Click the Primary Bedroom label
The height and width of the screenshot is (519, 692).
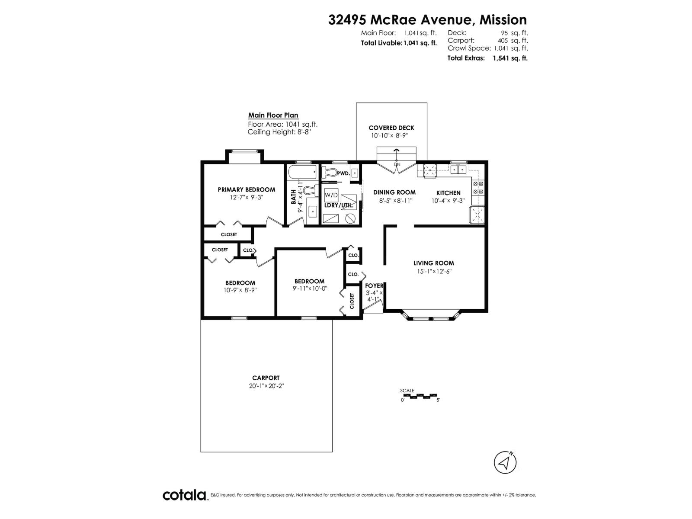[246, 189]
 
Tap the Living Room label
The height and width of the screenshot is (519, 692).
[433, 263]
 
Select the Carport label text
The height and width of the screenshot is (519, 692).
[266, 378]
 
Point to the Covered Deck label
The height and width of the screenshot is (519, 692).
[391, 128]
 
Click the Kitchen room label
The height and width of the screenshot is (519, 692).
[448, 193]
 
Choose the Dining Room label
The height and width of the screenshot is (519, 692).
[394, 192]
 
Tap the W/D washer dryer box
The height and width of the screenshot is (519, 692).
[331, 195]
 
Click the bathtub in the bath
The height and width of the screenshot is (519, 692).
[302, 174]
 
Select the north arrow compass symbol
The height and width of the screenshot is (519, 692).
[505, 463]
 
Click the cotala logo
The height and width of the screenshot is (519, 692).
[185, 495]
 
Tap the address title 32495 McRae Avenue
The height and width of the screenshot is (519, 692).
[427, 20]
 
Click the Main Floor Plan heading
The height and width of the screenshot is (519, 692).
[273, 115]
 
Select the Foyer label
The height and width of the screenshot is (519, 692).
[374, 286]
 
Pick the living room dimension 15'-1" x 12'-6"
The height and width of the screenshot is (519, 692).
[433, 272]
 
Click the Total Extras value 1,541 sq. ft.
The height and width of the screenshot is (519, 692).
[510, 58]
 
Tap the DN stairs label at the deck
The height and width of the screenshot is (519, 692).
[397, 165]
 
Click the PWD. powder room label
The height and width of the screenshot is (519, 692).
[343, 173]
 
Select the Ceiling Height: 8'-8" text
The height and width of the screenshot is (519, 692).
[279, 132]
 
